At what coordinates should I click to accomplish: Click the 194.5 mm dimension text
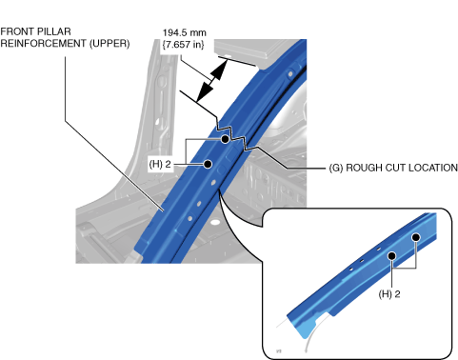[185, 32]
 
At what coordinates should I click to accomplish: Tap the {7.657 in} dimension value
[183, 44]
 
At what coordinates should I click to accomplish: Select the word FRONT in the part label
[17, 31]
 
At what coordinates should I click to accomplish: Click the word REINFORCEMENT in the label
[44, 43]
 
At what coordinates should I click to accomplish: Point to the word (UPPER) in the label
[110, 43]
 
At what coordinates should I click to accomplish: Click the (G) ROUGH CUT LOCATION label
[393, 168]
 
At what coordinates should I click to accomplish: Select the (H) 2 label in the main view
[160, 164]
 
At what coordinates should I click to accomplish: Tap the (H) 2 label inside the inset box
[389, 294]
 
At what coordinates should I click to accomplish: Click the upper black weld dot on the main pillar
[225, 139]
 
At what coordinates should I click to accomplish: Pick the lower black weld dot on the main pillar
[208, 164]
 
